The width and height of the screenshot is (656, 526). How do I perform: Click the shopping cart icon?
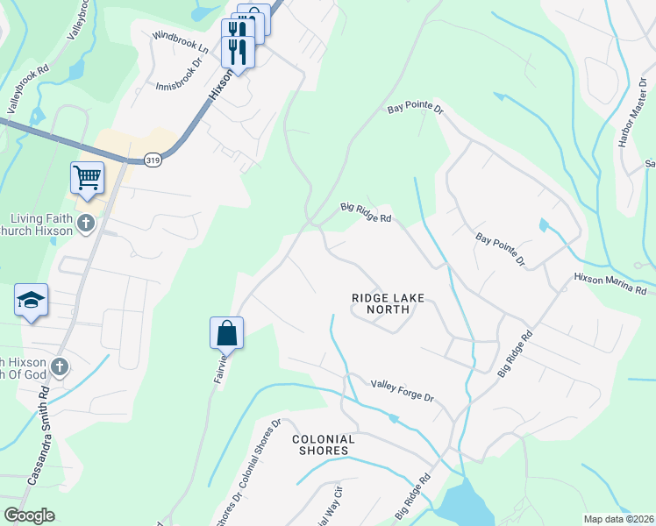[88, 178]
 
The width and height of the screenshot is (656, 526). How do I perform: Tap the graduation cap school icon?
[31, 301]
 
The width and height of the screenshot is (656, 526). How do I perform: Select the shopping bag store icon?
[226, 333]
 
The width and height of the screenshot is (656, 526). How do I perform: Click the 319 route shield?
[153, 160]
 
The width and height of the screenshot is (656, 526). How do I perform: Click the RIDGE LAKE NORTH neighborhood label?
[388, 303]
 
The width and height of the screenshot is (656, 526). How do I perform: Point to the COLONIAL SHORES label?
[323, 444]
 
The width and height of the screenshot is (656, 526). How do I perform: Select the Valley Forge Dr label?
[403, 391]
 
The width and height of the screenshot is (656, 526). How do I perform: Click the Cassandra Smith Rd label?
[38, 438]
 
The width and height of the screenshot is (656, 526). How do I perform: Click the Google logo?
[29, 515]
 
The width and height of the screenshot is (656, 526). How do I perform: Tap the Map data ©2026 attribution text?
[618, 519]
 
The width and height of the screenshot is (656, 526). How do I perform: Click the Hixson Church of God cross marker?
[60, 366]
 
